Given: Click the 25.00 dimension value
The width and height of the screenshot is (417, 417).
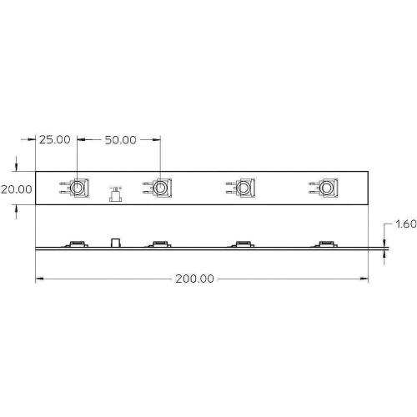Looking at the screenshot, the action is coord(55,139).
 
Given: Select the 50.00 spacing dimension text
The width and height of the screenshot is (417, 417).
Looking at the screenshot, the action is coord(121,140).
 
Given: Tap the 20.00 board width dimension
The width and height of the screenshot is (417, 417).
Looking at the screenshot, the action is coord(17,189).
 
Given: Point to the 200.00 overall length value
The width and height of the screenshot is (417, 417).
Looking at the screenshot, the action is coord(194,279).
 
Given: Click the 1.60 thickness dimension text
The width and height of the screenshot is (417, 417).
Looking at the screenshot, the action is coord(406,224).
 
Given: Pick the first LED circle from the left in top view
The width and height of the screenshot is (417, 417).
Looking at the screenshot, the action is coord(77,188).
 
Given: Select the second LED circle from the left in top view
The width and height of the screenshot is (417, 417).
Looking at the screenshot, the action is coord(160,188).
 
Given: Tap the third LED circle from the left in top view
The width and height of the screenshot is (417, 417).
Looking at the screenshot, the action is coord(244,188).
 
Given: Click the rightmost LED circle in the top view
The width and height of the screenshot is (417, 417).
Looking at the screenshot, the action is coord(326,188).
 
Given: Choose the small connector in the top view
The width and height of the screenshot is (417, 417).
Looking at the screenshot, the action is coord(116,194).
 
